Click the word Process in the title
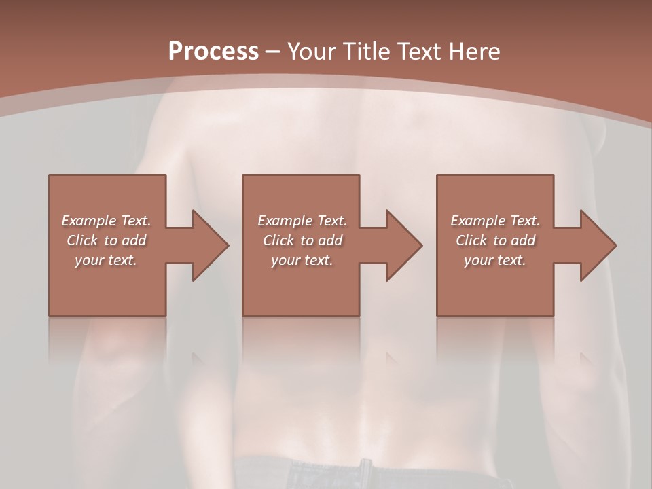(x=213, y=51)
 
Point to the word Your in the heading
(x=312, y=51)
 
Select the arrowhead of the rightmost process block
(x=598, y=245)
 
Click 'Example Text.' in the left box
(x=106, y=221)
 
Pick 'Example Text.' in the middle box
(x=302, y=221)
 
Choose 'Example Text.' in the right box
(x=495, y=221)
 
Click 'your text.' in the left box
(x=106, y=260)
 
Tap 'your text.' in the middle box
(x=302, y=260)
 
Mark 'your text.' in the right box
(x=495, y=260)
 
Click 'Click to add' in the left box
(x=106, y=240)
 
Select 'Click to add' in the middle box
(x=302, y=240)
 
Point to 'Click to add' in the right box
(x=495, y=240)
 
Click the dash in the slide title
(x=272, y=52)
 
